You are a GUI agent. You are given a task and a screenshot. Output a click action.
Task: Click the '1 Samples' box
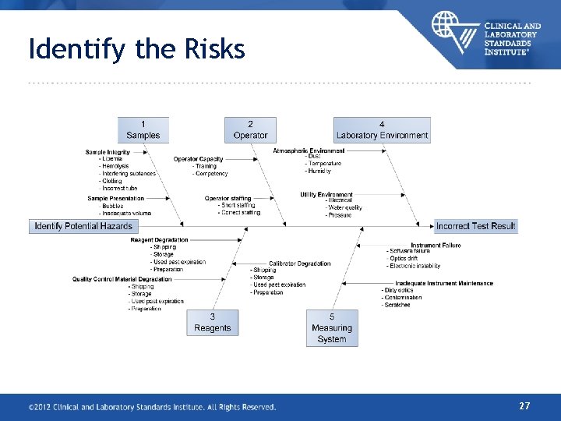pos(143,129)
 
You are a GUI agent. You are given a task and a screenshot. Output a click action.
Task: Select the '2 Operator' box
pos(250,129)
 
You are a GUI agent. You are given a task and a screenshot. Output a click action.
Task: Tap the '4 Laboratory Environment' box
pos(382,129)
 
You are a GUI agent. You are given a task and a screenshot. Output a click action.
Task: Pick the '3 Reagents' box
pos(213,322)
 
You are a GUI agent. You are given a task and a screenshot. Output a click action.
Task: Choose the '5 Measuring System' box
pos(332,327)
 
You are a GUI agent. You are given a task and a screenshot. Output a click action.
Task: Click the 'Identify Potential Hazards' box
pos(83,226)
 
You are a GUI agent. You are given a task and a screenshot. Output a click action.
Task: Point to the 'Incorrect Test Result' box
pos(475,226)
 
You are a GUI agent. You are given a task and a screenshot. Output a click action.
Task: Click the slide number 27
pos(524,405)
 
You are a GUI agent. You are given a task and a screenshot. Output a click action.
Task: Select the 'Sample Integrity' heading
pos(108,152)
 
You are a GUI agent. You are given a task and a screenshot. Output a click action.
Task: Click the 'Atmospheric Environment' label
pos(309,150)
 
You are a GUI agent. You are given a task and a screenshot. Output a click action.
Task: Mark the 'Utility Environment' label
pos(326,195)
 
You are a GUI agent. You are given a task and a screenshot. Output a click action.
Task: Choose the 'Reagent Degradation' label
pos(159,240)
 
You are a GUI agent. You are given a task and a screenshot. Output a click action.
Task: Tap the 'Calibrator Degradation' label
pos(300,264)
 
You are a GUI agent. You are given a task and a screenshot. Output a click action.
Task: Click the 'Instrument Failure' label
pos(436,245)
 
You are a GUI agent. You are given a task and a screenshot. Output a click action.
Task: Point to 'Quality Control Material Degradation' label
pos(122,279)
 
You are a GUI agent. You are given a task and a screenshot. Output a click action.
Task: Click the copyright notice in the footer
pos(152,406)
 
